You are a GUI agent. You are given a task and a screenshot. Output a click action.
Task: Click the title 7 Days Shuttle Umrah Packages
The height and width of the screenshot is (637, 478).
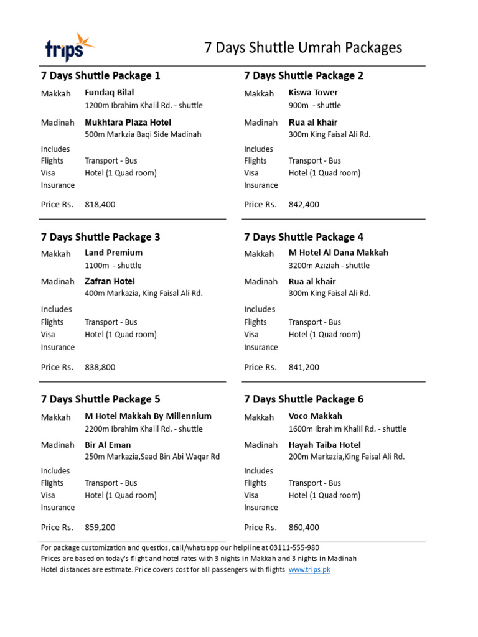[x=303, y=48]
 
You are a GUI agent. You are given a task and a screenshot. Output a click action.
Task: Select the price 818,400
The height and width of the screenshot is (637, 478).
[x=100, y=204]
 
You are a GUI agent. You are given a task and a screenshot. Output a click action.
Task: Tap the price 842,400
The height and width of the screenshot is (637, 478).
[x=304, y=204]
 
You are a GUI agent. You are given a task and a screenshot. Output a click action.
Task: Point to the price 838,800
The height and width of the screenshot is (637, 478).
[x=100, y=367]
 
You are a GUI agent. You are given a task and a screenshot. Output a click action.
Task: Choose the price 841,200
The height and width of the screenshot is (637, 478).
[x=304, y=367]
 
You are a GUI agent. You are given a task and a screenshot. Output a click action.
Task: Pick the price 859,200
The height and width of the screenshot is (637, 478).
[x=100, y=527]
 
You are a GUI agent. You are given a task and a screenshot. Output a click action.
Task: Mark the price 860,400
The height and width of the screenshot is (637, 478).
[x=304, y=527]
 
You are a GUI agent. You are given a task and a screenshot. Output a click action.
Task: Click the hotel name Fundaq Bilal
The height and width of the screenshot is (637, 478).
[x=110, y=93]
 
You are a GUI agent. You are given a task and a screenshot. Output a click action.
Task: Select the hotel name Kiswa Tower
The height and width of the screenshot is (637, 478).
[x=313, y=93]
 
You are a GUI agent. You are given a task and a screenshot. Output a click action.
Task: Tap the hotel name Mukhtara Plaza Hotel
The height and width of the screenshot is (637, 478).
[x=128, y=122]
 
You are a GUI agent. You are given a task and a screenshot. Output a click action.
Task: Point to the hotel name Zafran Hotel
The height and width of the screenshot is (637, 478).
[x=110, y=281]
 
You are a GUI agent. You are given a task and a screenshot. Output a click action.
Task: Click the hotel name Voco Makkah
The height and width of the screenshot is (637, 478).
[x=316, y=416]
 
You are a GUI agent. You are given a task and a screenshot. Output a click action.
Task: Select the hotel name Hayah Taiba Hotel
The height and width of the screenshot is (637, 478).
[x=324, y=445]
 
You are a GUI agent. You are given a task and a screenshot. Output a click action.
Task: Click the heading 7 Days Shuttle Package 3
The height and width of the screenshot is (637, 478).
[x=101, y=237]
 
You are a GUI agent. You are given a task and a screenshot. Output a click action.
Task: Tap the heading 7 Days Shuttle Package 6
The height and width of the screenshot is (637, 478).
[x=304, y=399]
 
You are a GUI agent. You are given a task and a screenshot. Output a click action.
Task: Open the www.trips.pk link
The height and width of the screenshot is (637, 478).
[x=309, y=570]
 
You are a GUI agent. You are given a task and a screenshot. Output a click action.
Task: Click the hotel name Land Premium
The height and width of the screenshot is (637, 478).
[x=113, y=253]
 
